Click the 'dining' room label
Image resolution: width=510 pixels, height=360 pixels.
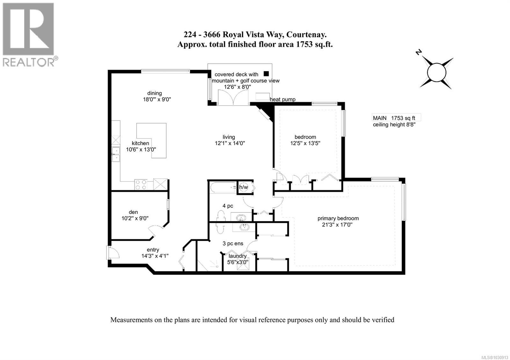tap(154, 93)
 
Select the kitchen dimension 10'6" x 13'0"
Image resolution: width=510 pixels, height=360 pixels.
tap(141, 149)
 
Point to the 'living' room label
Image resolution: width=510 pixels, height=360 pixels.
tap(229, 137)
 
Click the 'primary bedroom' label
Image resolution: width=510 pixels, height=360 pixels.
tap(338, 218)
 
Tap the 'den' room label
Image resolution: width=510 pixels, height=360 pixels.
tap(133, 212)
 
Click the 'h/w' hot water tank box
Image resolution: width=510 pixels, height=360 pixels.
tap(244, 187)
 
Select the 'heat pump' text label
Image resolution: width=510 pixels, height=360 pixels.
tap(282, 99)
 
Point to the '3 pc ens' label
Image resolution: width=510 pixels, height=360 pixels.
tap(233, 243)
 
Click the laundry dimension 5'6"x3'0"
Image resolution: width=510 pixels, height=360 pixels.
tap(238, 263)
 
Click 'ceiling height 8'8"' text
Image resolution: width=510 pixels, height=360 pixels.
tap(394, 125)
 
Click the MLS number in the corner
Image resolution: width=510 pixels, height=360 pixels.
tap(495, 356)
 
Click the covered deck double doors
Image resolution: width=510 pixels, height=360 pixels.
tap(233, 97)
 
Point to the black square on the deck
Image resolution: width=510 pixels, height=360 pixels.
tap(266, 74)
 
